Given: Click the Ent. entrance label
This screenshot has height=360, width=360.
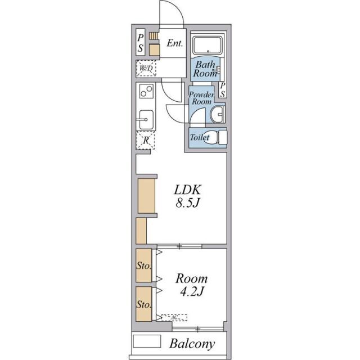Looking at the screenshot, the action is click(175, 43).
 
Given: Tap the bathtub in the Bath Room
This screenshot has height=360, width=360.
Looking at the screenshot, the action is click(208, 45).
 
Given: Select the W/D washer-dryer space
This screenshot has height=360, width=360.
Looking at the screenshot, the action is click(146, 68).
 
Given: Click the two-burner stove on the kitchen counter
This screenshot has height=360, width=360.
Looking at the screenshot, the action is click(146, 91).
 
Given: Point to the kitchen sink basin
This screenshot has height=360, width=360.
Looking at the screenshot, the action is click(146, 120).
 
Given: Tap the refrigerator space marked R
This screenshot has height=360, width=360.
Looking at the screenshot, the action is click(146, 140).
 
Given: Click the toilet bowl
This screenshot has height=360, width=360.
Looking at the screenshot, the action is click(210, 137).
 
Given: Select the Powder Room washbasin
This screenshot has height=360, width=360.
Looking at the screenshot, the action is click(216, 114).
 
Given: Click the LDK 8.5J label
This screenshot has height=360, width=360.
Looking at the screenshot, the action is click(187, 196).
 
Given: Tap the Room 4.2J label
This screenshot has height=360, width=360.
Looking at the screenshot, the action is click(191, 285).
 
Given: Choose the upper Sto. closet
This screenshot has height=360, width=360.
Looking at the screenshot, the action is click(144, 265).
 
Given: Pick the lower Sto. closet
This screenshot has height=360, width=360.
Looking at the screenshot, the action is click(144, 304).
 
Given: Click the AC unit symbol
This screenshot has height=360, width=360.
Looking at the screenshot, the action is click(174, 317).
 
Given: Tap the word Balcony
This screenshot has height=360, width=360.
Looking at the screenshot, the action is click(192, 344).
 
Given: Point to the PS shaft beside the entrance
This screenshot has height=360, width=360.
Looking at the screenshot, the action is click(140, 42).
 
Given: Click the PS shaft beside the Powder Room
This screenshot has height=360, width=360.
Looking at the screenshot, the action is click(223, 90).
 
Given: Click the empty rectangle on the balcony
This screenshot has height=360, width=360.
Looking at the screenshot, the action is click(147, 341).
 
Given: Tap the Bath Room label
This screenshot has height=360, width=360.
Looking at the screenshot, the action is click(205, 69).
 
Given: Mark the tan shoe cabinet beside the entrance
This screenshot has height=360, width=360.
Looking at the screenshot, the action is click(154, 50).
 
